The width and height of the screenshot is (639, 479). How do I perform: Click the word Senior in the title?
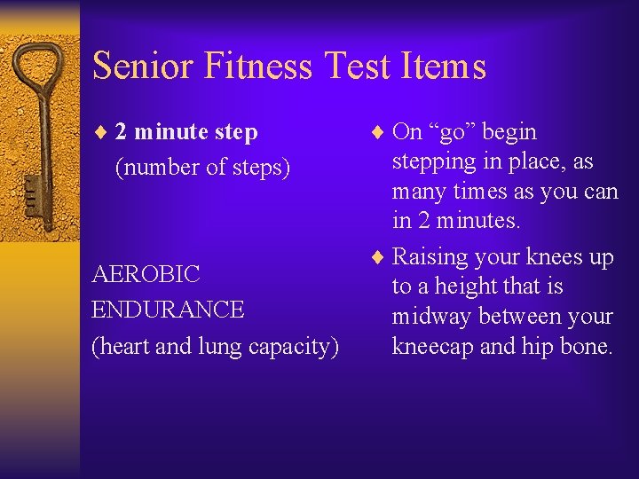click(x=143, y=67)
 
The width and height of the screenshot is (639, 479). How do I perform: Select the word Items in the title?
click(x=445, y=67)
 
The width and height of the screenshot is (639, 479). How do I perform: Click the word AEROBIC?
click(x=146, y=274)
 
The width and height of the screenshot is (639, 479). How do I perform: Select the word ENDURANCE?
click(x=168, y=310)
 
